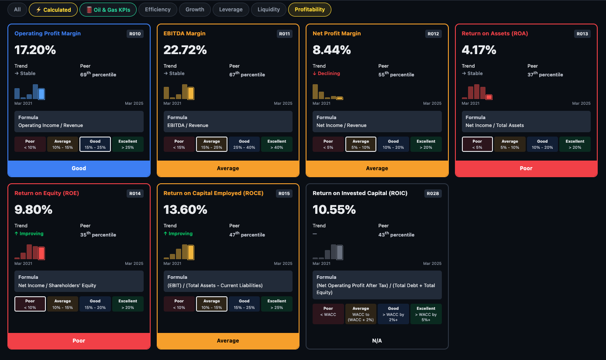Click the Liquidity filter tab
[x=269, y=10]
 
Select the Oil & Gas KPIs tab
[x=108, y=10]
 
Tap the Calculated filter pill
[x=53, y=10]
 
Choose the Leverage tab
[x=231, y=10]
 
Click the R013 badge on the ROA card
[x=582, y=34]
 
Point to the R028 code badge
[x=433, y=193]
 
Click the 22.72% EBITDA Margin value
[x=185, y=50]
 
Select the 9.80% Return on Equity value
[x=34, y=209]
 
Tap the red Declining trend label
[x=326, y=73]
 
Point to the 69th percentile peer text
[x=98, y=74]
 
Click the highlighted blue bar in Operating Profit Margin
[x=41, y=94]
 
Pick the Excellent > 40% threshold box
[x=277, y=144]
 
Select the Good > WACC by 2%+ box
[x=393, y=314]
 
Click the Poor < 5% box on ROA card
[x=477, y=144]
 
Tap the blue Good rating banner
[x=79, y=168]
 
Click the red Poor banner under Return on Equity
[x=79, y=341]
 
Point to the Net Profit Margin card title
[x=337, y=33]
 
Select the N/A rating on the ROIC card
[x=377, y=341]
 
